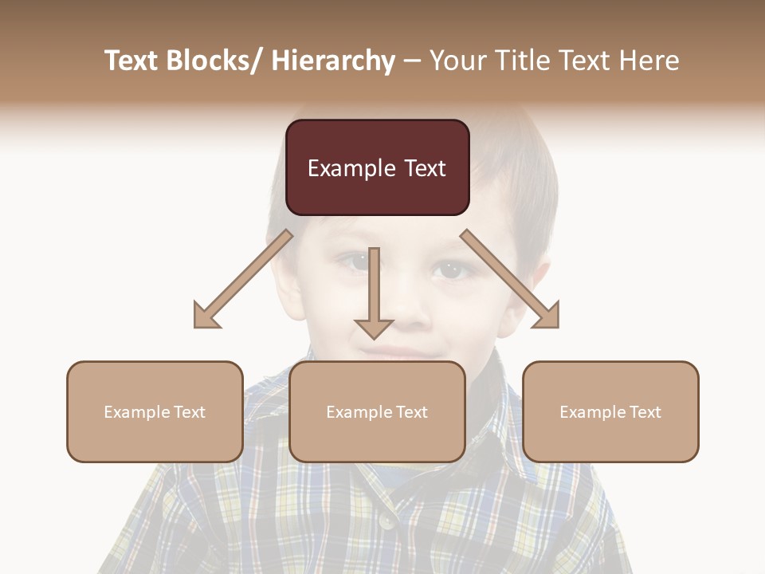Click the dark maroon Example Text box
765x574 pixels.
pos(377,167)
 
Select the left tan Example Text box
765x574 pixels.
pos(155,411)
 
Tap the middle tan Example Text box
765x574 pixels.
pos(377,411)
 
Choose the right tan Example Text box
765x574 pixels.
pos(610,411)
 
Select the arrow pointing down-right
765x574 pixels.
pos(510,280)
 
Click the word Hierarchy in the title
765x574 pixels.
pos(333,61)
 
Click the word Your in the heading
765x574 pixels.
pos(456,61)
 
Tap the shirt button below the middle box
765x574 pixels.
pos(387,520)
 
